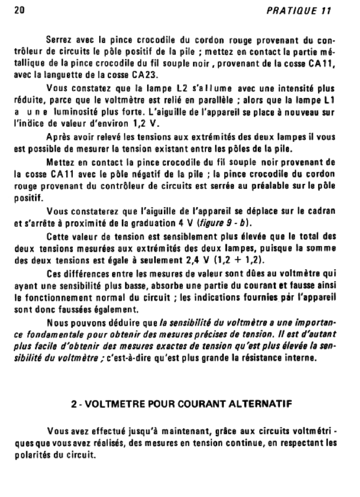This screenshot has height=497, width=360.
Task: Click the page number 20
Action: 19,10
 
